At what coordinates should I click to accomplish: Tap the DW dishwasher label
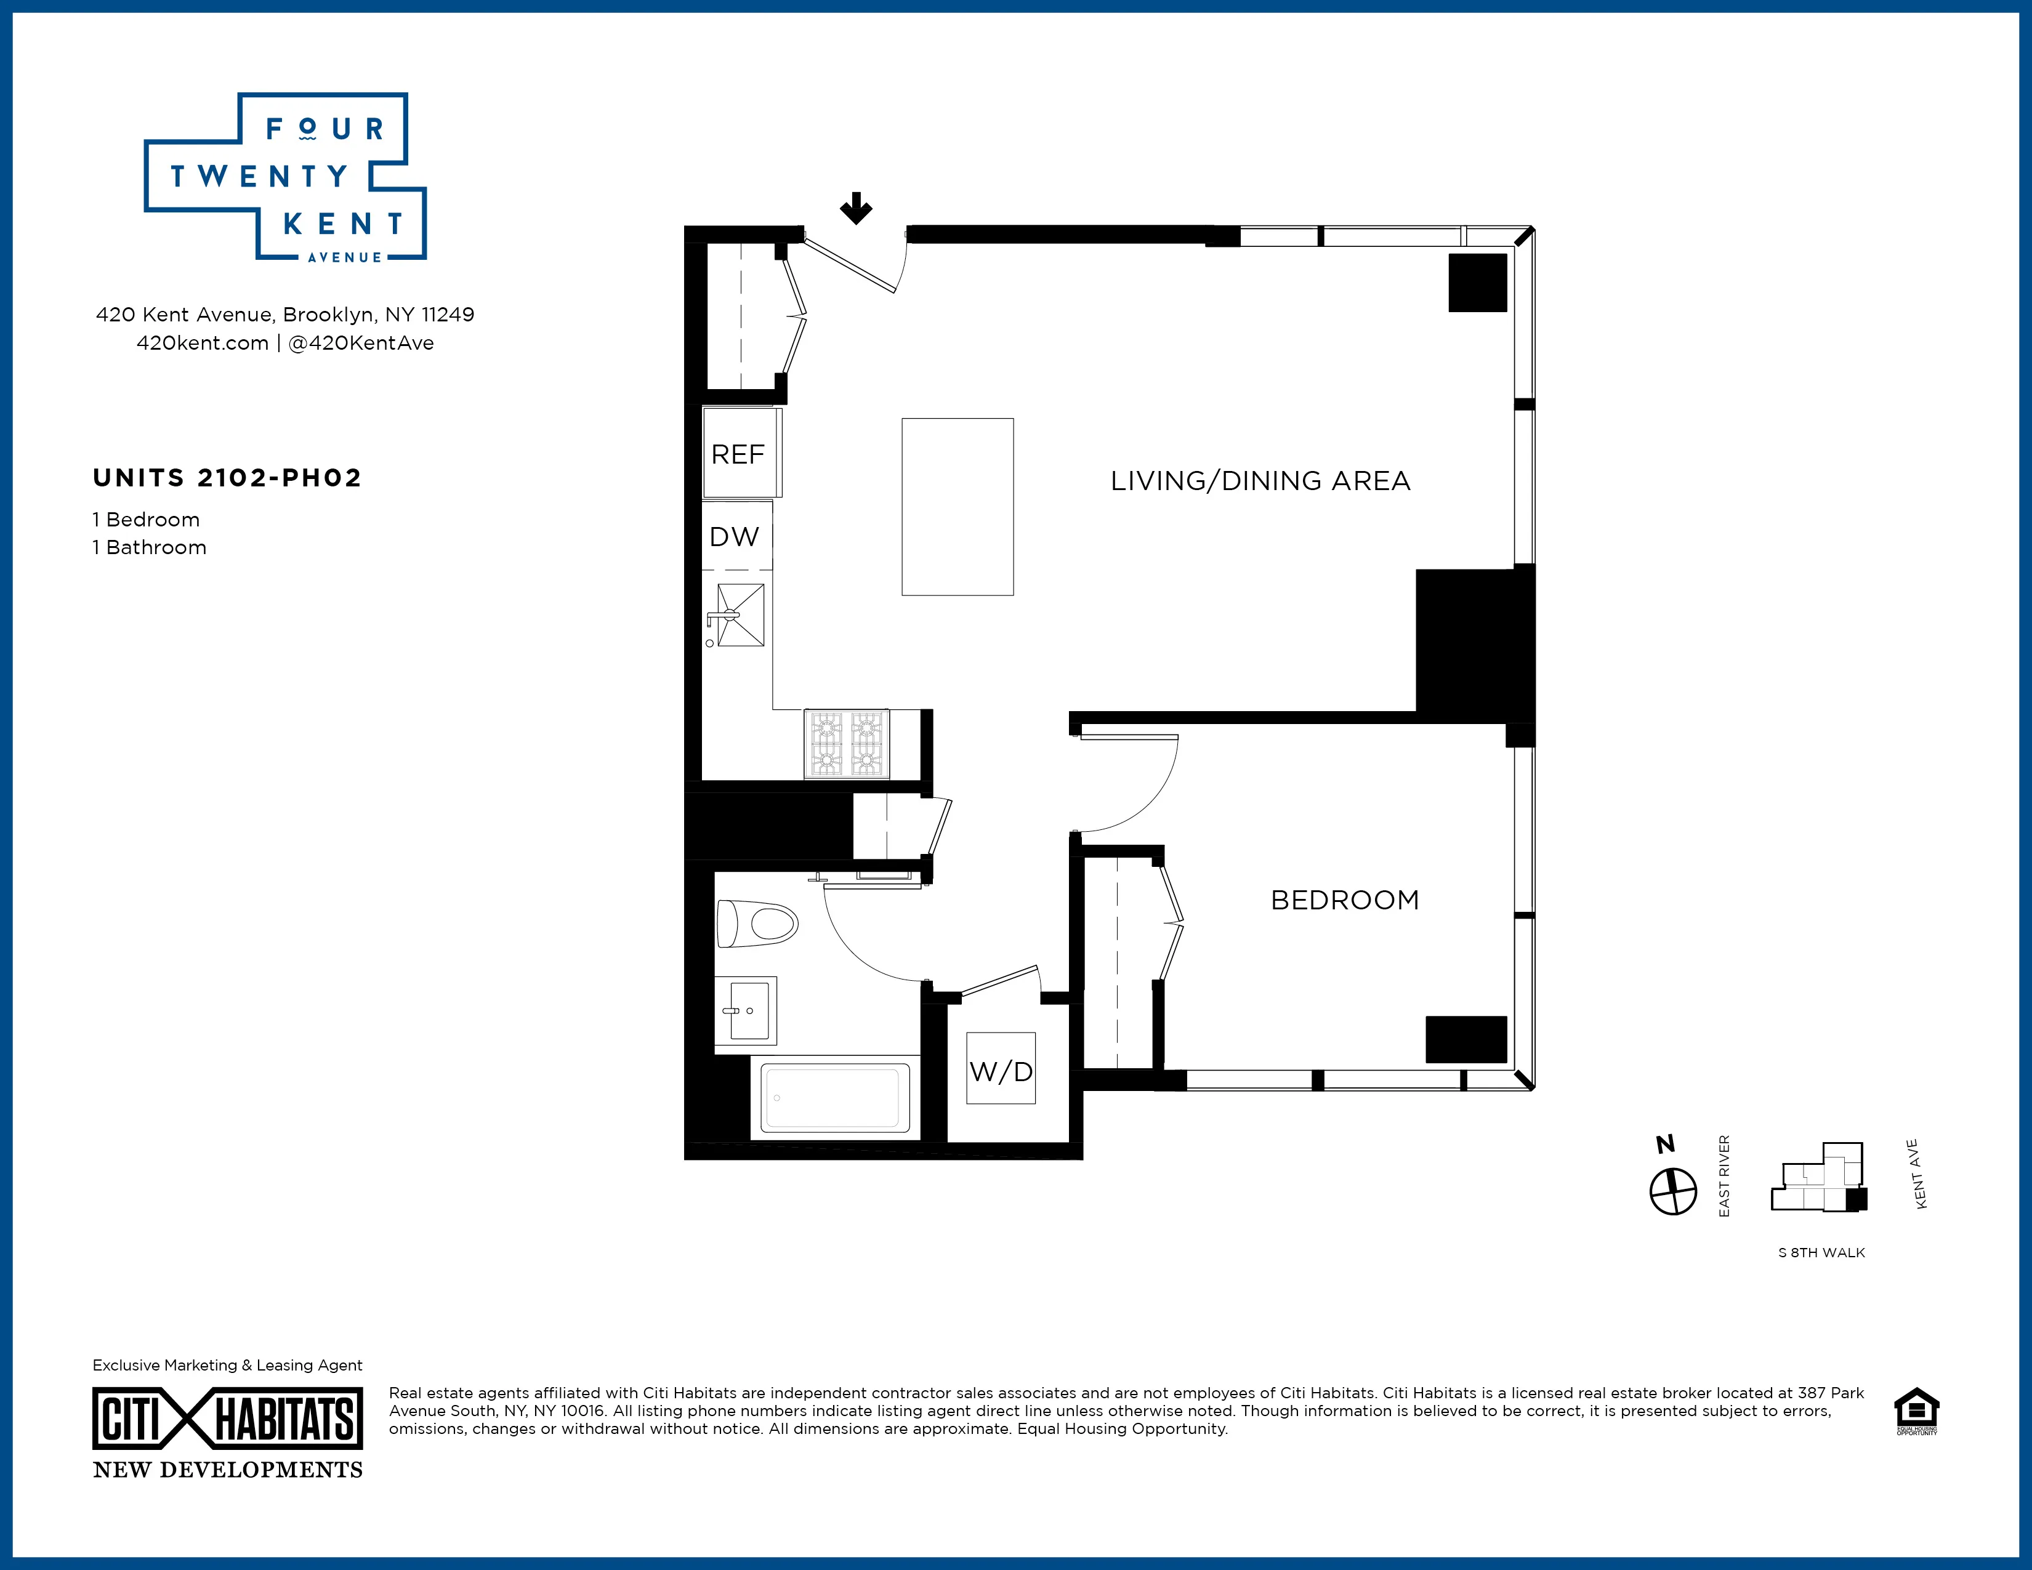734,537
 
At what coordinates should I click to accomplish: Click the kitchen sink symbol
739,615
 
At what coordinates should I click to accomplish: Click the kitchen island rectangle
958,507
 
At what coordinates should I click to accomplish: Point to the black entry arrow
856,208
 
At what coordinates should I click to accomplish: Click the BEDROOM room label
1344,900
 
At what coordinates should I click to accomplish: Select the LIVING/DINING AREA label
1260,481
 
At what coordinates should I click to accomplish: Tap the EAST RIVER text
1724,1177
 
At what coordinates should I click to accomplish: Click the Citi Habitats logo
228,1419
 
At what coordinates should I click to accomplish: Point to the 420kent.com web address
202,343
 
